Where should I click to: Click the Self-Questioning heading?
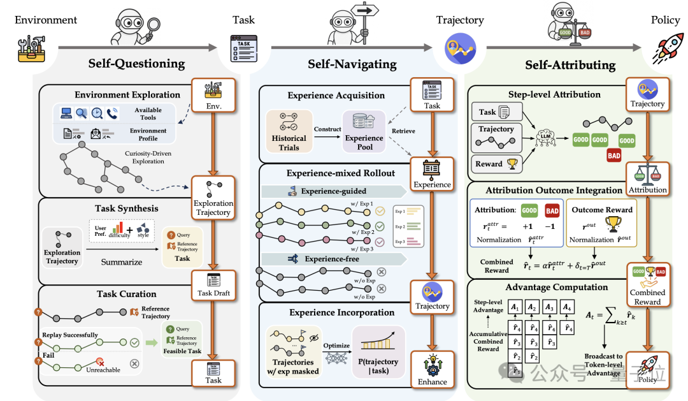point(137,64)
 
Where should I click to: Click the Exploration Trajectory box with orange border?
point(213,198)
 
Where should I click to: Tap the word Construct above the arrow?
point(327,129)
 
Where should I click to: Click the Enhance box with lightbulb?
point(433,370)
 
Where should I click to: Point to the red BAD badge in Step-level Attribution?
point(613,155)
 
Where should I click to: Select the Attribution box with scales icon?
point(648,178)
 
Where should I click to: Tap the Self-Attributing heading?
point(570,65)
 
